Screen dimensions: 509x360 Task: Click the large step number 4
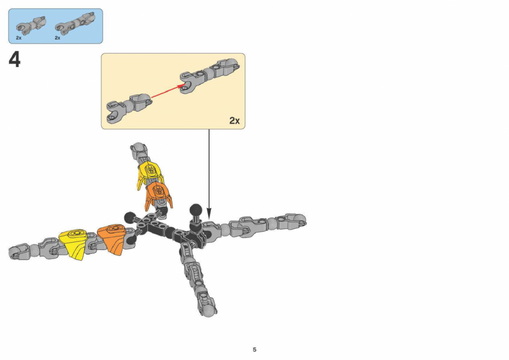click(x=15, y=60)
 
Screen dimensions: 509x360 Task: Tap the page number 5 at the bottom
click(x=255, y=350)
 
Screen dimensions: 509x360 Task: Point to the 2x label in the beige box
click(x=234, y=120)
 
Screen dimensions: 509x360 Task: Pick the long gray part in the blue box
click(x=75, y=23)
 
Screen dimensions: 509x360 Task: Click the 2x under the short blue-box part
click(x=19, y=38)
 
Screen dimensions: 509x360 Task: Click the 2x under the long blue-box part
click(x=57, y=38)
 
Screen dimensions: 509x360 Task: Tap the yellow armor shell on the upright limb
click(x=149, y=173)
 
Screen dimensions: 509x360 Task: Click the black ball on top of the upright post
click(x=195, y=210)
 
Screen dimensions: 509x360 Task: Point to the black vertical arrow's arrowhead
click(x=209, y=215)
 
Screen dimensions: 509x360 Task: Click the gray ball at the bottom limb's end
click(x=210, y=310)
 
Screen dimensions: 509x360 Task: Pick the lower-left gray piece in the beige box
click(x=128, y=107)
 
